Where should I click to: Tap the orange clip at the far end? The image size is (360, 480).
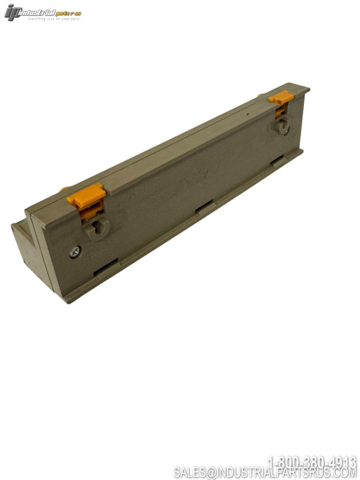click(x=280, y=97)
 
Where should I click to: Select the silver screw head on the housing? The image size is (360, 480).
click(x=76, y=251)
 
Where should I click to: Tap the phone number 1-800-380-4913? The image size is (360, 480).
click(x=312, y=462)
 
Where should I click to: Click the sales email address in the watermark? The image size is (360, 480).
click(x=265, y=473)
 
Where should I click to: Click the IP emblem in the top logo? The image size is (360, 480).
click(x=13, y=12)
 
